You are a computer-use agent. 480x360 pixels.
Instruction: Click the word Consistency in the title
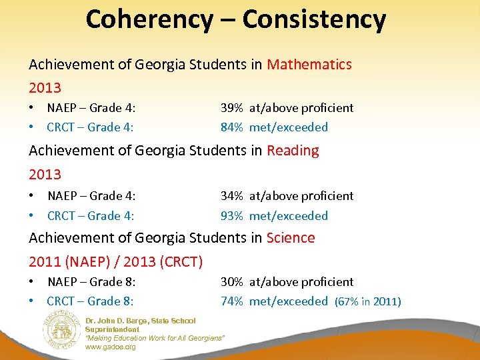[314, 19]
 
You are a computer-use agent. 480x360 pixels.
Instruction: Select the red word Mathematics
[309, 65]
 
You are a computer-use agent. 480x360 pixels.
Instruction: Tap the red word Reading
[293, 151]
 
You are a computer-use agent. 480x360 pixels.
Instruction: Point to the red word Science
[291, 238]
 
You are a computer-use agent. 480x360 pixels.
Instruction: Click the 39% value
[232, 108]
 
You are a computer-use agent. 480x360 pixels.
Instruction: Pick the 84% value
[232, 127]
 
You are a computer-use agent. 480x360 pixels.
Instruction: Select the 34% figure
[232, 196]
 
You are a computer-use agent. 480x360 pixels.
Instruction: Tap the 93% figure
[232, 216]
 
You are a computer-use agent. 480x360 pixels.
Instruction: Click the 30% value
[232, 282]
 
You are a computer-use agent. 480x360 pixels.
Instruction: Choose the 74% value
[232, 301]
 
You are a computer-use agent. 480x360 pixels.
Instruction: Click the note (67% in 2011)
[367, 302]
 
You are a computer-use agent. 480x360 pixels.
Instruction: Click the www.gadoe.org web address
[110, 347]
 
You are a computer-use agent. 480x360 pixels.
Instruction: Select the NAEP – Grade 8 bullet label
[91, 282]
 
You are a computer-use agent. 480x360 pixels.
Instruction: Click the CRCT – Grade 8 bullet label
[90, 301]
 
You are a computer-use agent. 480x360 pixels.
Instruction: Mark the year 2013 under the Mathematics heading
[45, 88]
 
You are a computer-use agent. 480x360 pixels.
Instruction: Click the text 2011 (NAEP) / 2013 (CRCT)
[115, 261]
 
